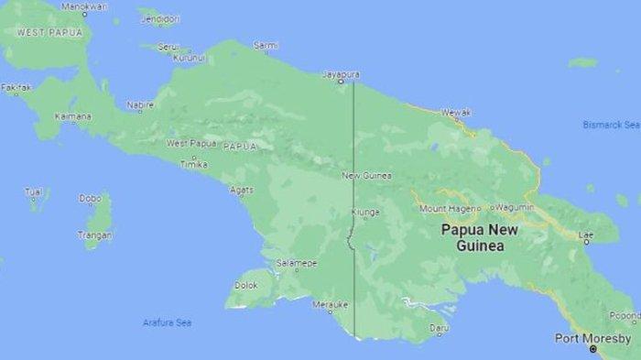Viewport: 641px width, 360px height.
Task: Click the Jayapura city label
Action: tap(342, 73)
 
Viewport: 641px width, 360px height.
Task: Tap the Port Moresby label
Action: tap(592, 338)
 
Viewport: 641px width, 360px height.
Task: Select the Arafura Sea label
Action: tap(167, 322)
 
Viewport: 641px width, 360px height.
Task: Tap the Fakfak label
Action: tap(16, 88)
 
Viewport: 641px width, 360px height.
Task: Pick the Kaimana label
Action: tap(73, 116)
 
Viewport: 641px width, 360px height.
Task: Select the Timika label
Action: tap(193, 163)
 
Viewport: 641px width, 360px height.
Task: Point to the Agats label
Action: tap(242, 190)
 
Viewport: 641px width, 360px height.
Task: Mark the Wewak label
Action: tap(455, 112)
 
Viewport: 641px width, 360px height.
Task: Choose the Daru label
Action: tap(440, 326)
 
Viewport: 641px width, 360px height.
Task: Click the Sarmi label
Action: tap(266, 44)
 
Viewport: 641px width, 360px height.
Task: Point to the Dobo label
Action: tap(90, 197)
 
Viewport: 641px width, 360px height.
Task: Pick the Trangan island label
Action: tap(95, 235)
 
